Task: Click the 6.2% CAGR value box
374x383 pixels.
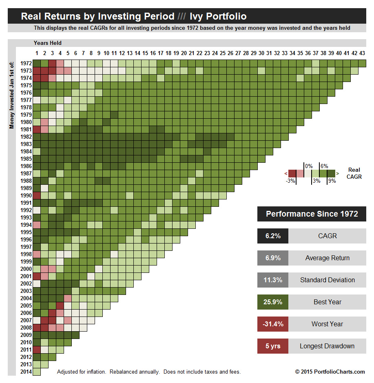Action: (272, 236)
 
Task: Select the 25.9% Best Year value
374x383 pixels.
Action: (272, 302)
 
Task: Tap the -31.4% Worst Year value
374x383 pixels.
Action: (272, 324)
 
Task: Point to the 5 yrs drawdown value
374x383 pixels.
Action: (272, 346)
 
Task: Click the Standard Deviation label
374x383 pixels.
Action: (327, 280)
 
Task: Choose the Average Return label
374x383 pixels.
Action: (327, 258)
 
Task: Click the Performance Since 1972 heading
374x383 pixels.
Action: (312, 214)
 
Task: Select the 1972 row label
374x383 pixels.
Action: (25, 63)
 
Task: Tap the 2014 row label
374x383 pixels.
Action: (25, 372)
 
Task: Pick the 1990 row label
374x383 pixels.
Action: (25, 195)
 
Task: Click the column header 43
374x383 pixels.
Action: (362, 53)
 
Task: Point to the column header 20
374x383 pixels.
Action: (184, 53)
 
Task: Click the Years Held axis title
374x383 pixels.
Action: (47, 43)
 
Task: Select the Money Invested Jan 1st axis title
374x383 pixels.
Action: (11, 94)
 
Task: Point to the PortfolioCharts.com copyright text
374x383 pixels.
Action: (330, 372)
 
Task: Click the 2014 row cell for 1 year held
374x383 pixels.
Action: (37, 372)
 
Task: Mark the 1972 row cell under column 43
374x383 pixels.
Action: (362, 63)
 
